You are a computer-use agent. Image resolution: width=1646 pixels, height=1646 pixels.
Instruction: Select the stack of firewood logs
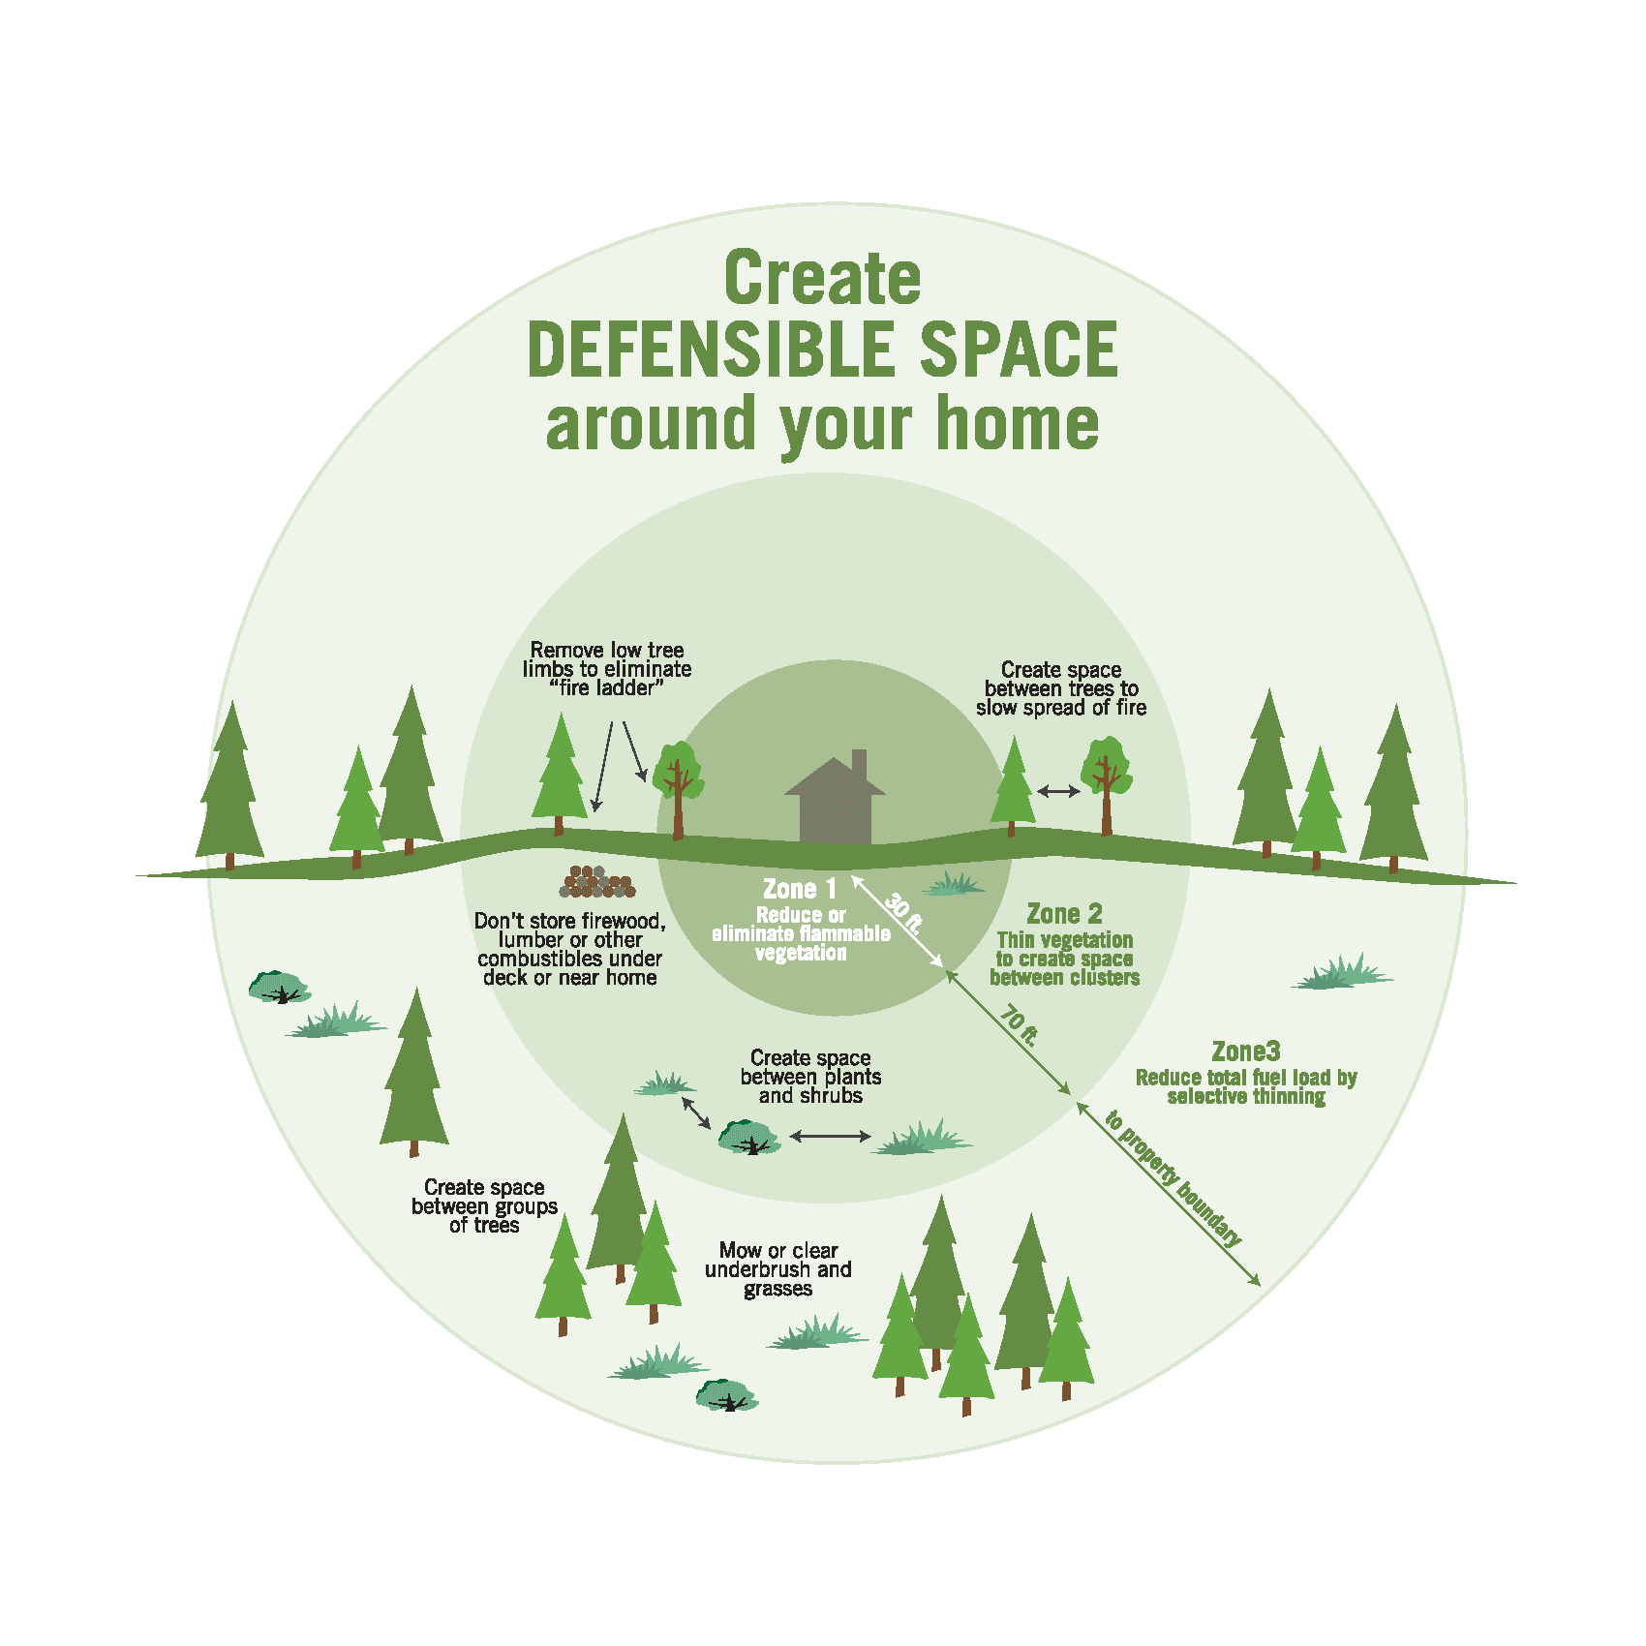597,882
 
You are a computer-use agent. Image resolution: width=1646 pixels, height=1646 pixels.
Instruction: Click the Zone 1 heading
800,889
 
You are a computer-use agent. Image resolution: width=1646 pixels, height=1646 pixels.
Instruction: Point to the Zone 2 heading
1064,914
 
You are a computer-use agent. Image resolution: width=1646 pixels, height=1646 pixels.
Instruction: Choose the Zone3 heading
1245,1052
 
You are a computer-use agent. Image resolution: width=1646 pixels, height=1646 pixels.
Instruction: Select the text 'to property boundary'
1173,1177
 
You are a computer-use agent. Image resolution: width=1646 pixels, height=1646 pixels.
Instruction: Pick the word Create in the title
822,279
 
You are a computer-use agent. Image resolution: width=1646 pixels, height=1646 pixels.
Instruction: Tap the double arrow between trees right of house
1058,791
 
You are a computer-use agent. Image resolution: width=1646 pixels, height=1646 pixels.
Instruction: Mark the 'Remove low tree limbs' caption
607,669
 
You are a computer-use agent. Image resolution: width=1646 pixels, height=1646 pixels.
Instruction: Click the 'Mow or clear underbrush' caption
778,1269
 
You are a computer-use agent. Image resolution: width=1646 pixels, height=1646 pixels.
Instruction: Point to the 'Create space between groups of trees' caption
484,1205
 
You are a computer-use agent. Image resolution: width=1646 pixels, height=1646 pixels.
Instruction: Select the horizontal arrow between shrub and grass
830,1136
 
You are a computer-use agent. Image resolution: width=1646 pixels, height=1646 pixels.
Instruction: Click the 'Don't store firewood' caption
569,949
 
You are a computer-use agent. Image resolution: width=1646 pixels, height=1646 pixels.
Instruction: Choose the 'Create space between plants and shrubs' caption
810,1077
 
